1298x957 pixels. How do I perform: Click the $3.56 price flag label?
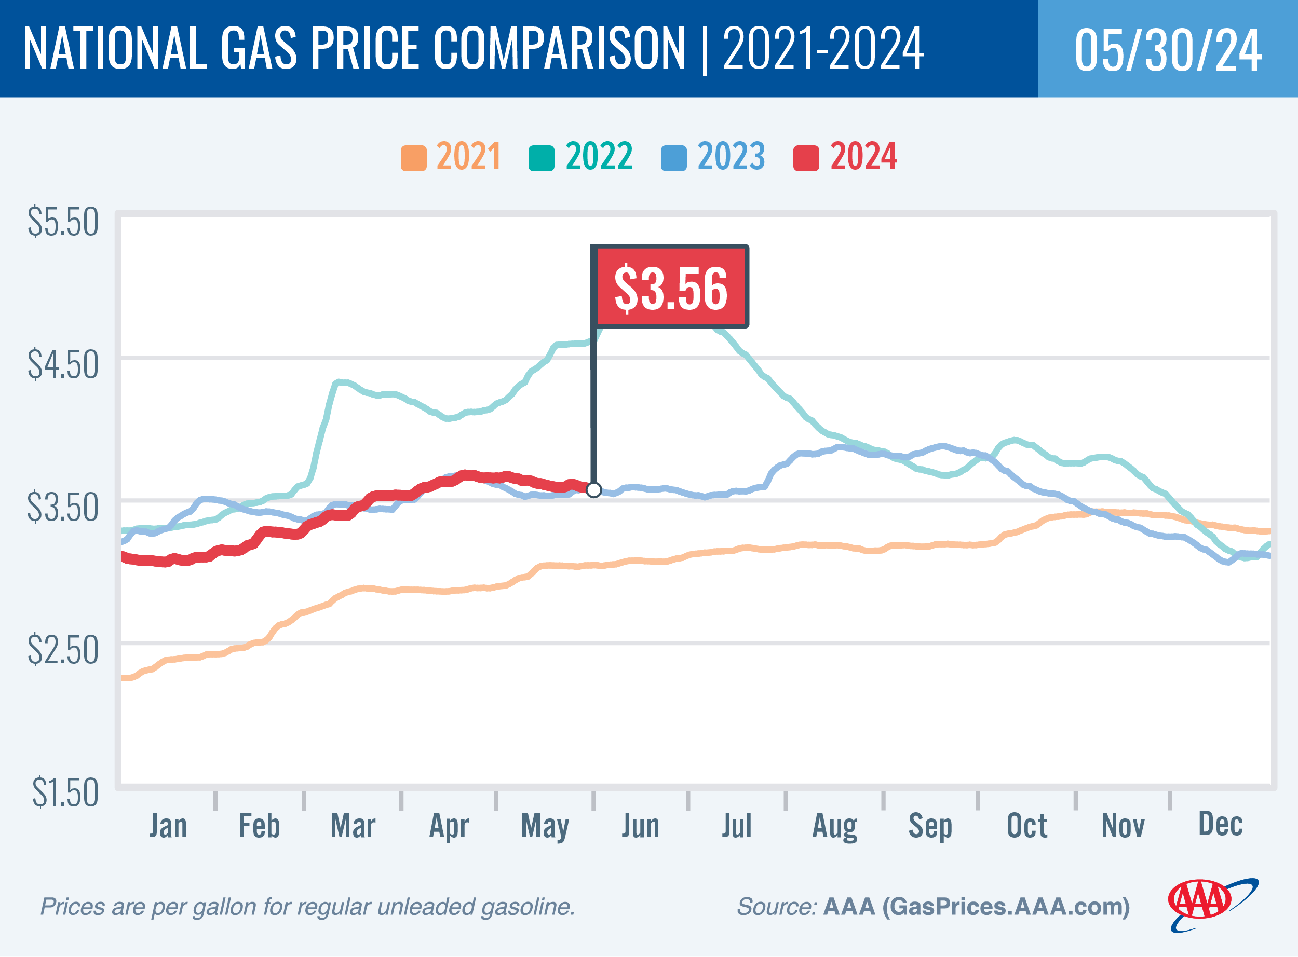(670, 288)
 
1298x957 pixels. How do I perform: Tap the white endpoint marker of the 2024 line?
(593, 489)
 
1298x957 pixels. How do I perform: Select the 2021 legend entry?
(451, 156)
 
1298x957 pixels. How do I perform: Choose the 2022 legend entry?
(581, 156)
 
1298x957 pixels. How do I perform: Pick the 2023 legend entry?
(713, 156)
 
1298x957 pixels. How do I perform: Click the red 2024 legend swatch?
(806, 158)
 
